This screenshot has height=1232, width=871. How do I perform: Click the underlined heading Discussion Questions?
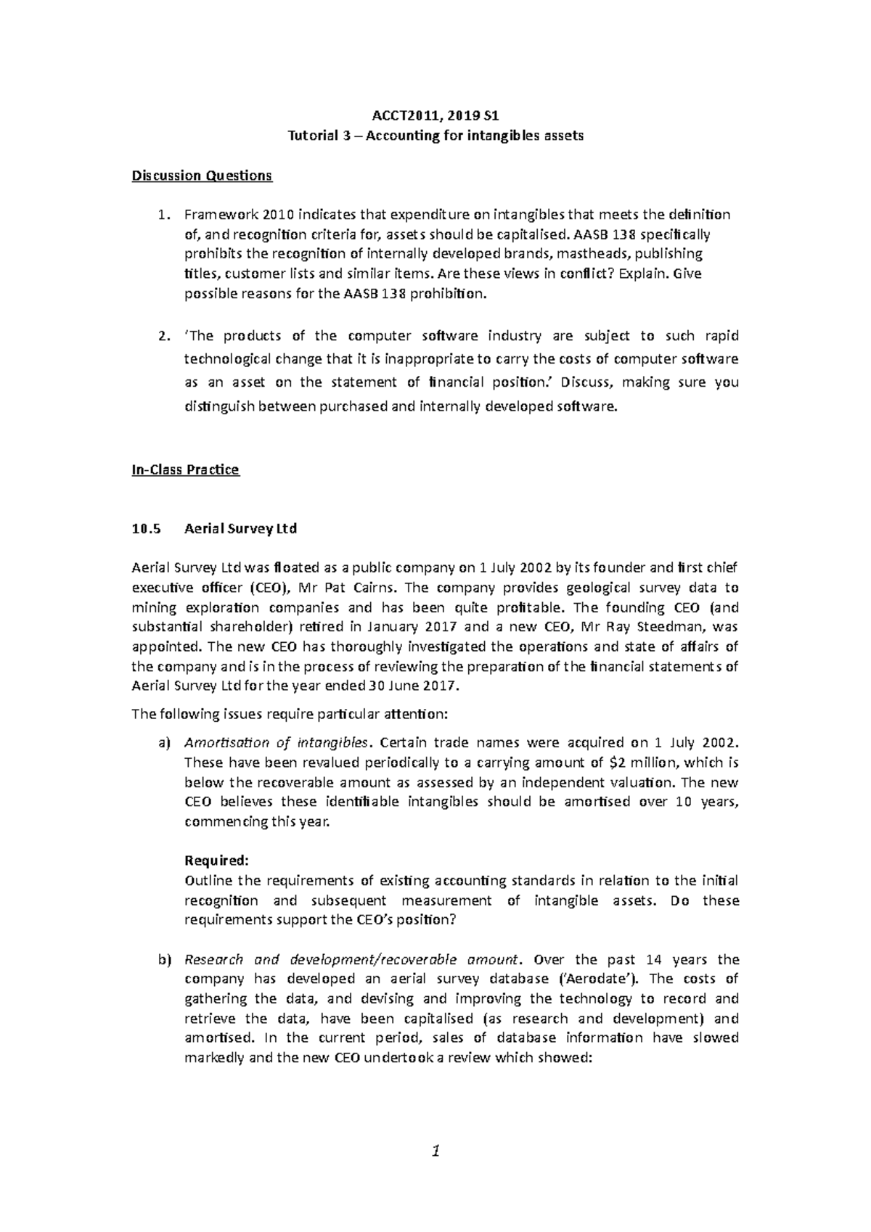pyautogui.click(x=202, y=176)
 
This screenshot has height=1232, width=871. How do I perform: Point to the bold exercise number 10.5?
pyautogui.click(x=144, y=529)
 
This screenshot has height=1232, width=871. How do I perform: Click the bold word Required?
pyautogui.click(x=217, y=861)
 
